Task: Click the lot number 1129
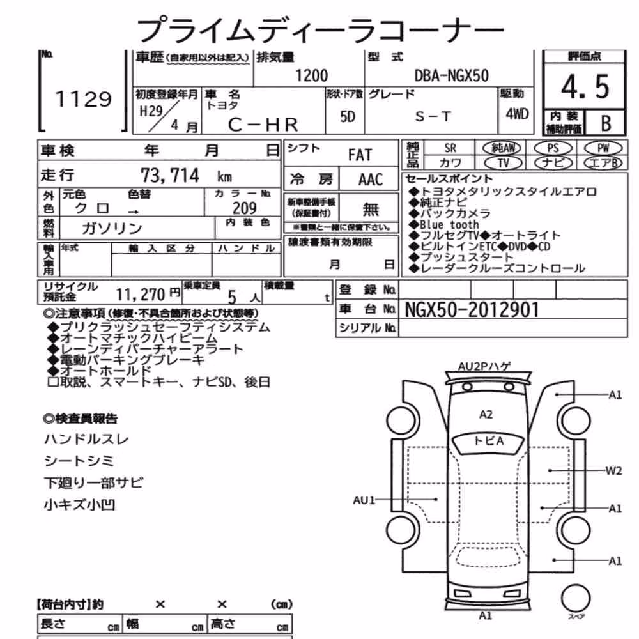84,99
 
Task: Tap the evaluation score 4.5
585,87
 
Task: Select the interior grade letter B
606,123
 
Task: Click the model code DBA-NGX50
451,75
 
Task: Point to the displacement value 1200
311,75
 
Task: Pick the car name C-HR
263,125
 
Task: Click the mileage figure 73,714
170,176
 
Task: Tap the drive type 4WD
517,114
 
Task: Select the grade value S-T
433,117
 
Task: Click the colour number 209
245,208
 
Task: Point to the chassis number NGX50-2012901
472,310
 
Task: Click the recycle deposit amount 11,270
140,294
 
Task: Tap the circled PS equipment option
553,148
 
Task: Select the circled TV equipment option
504,163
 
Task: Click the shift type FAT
360,155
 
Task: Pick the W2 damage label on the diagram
613,471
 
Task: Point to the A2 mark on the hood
486,415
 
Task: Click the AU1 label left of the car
364,500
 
